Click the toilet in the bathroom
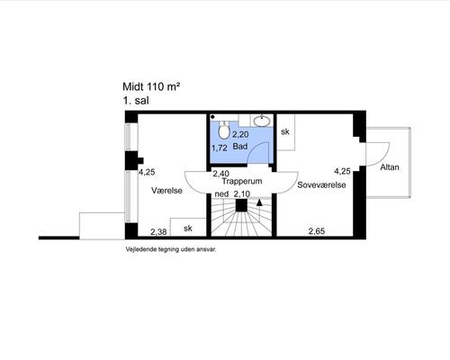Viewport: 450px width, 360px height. click(223, 130)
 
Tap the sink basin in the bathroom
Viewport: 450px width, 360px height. click(262, 121)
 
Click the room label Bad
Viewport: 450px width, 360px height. click(240, 147)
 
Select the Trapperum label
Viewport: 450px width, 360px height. click(242, 181)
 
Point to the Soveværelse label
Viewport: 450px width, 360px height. click(321, 184)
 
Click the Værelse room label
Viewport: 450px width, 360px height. click(166, 191)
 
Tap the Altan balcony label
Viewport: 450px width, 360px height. click(390, 167)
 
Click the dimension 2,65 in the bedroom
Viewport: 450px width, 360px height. click(317, 231)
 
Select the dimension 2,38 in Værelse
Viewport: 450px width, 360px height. click(158, 232)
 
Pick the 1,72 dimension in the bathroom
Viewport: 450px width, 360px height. click(220, 148)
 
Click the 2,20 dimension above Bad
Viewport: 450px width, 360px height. click(240, 134)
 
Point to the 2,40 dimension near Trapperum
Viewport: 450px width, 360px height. click(221, 174)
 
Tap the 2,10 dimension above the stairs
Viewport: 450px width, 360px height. click(242, 194)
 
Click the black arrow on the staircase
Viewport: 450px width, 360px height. click(259, 203)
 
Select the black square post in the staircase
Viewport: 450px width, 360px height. click(241, 206)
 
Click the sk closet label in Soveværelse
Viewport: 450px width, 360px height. click(285, 131)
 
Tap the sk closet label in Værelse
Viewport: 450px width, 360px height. click(188, 229)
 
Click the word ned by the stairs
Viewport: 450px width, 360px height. click(221, 194)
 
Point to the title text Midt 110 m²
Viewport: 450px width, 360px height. click(151, 86)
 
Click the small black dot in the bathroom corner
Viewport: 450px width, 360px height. click(212, 117)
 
